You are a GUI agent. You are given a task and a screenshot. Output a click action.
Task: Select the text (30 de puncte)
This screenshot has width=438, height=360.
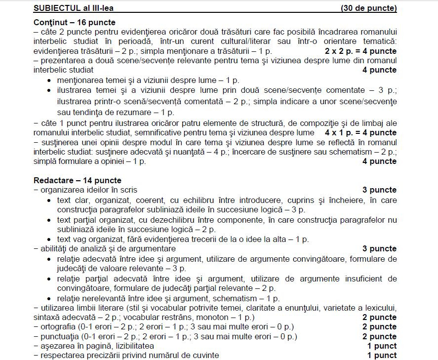(368, 8)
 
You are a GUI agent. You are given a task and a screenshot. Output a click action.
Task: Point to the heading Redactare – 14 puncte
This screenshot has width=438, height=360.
(78, 180)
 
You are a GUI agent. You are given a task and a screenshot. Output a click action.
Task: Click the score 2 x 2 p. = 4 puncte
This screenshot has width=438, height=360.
(360, 51)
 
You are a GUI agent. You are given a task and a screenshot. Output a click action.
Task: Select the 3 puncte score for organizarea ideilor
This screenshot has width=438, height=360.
(379, 190)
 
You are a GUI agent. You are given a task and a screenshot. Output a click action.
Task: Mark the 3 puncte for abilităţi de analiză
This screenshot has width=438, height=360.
(379, 248)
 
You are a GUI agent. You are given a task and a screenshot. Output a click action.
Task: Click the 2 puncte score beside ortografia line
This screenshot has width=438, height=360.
(379, 326)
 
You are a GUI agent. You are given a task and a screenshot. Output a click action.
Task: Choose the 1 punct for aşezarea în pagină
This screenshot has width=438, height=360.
(382, 346)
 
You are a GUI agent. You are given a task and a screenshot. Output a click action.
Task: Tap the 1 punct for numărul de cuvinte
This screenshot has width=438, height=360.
(382, 355)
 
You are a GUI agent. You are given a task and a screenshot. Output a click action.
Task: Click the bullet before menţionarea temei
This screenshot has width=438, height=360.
(48, 80)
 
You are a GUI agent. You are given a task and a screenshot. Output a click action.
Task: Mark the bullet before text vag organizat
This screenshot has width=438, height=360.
(48, 240)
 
